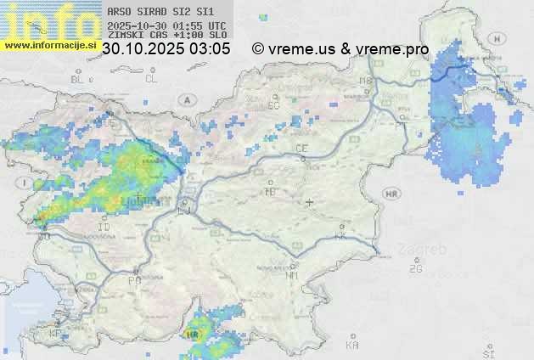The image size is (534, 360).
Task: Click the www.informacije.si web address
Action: click(49, 45)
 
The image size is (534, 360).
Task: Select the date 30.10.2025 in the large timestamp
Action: click(143, 49)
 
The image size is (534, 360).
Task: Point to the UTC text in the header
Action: click(216, 25)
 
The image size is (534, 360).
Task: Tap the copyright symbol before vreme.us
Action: click(258, 49)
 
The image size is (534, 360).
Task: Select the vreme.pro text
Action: click(392, 49)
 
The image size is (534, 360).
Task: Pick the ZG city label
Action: click(415, 269)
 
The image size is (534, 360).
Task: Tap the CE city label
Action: click(301, 149)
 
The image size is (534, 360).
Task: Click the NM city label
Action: click(293, 275)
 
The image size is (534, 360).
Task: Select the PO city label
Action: click(134, 279)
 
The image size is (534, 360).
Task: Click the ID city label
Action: click(104, 228)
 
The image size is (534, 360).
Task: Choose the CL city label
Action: click(151, 79)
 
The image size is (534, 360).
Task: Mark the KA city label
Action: click(352, 345)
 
